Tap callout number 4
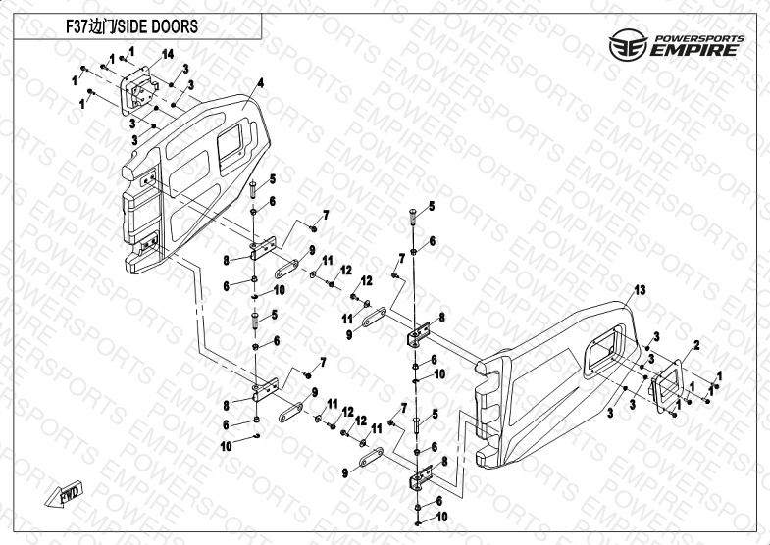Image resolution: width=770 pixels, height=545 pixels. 262,81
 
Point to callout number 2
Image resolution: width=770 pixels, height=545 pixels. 696,345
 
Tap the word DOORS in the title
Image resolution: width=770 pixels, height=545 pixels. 177,26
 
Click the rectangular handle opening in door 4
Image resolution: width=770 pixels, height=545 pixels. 234,144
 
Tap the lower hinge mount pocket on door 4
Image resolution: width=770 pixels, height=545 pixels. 148,246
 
